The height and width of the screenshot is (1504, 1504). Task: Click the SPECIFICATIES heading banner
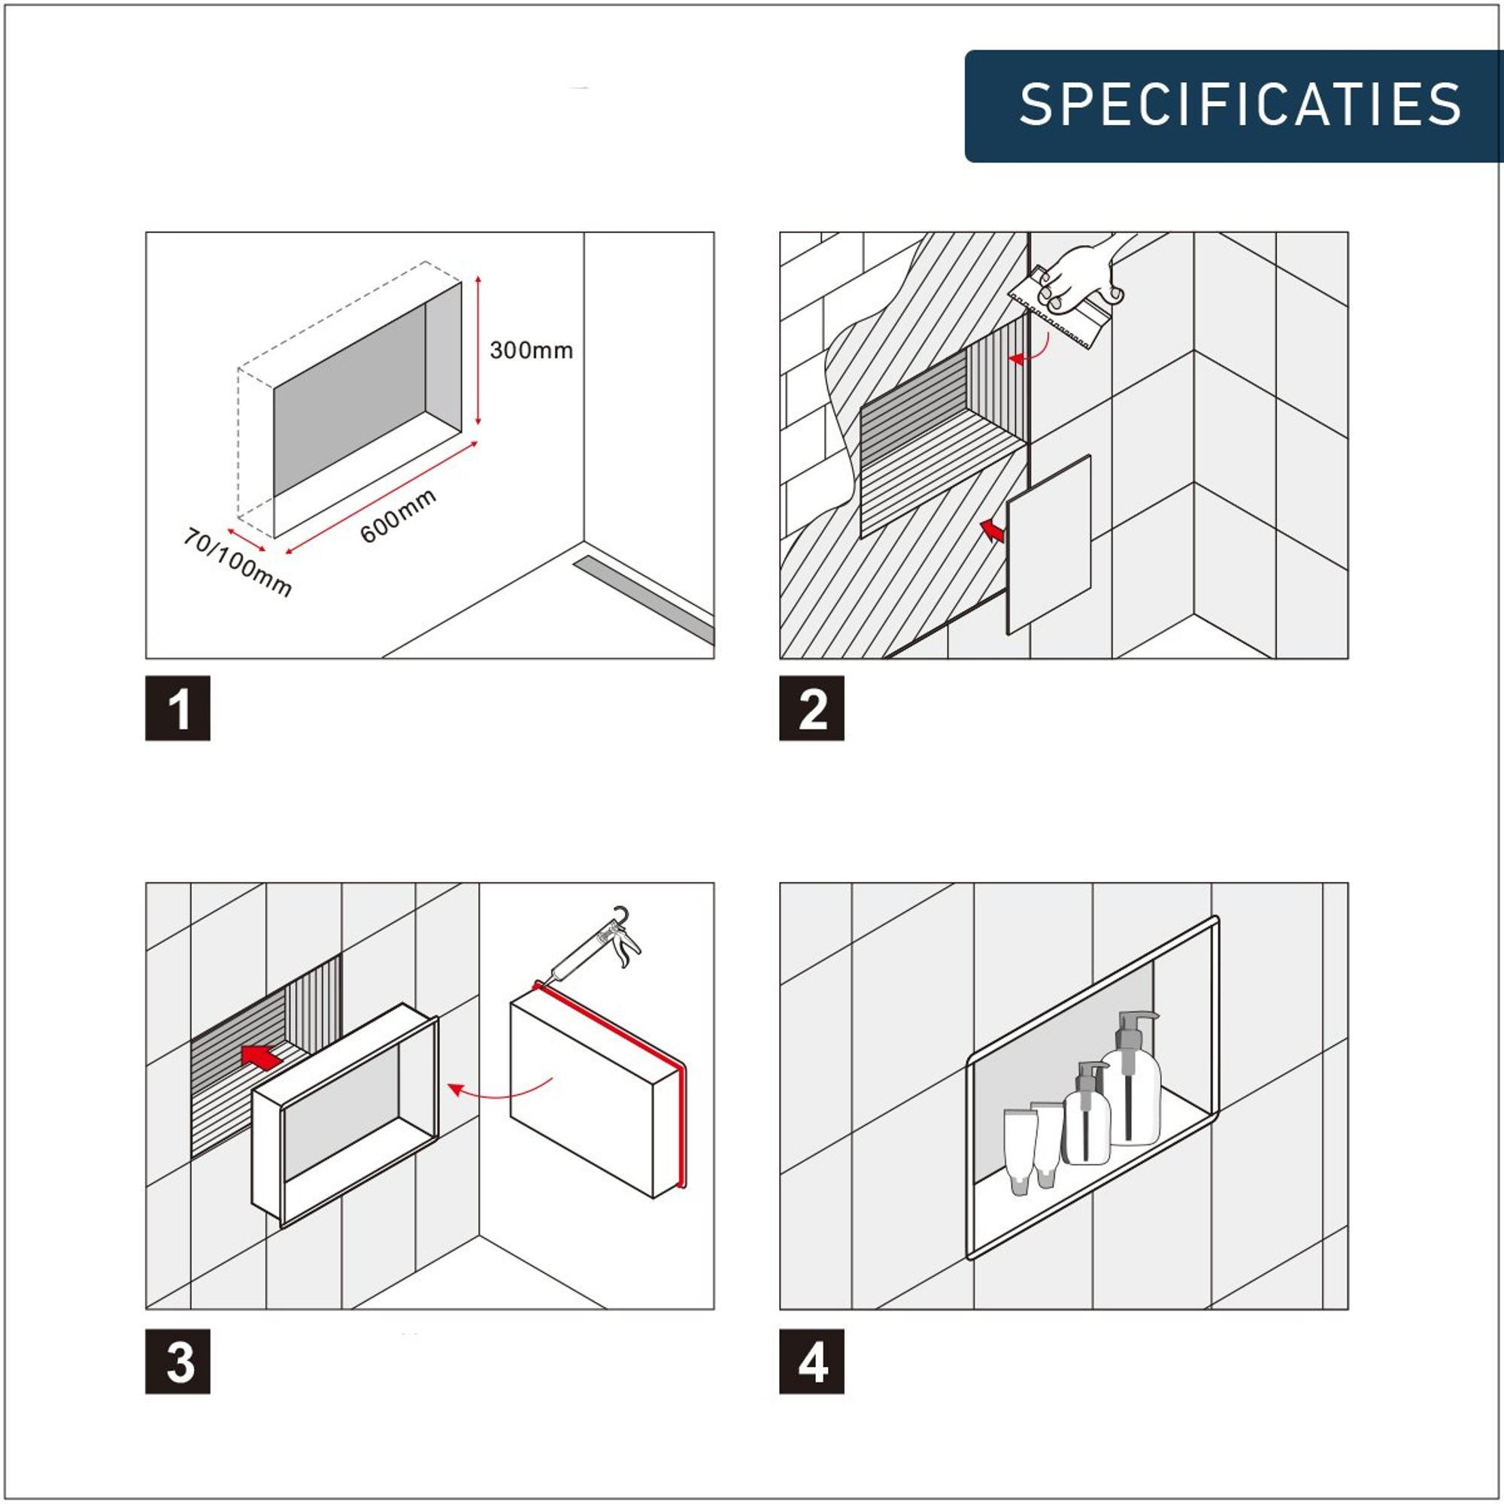[1234, 106]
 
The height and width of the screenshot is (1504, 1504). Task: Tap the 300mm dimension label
[531, 350]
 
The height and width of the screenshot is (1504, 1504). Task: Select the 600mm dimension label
[398, 515]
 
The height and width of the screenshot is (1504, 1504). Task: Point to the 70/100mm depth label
[238, 562]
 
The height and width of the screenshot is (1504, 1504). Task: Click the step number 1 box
[177, 708]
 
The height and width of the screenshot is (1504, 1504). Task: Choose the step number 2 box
[812, 708]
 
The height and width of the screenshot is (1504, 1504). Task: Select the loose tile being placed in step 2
[1048, 544]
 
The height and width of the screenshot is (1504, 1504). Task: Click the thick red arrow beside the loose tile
[993, 531]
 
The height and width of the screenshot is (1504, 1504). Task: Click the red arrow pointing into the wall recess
[262, 1057]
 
